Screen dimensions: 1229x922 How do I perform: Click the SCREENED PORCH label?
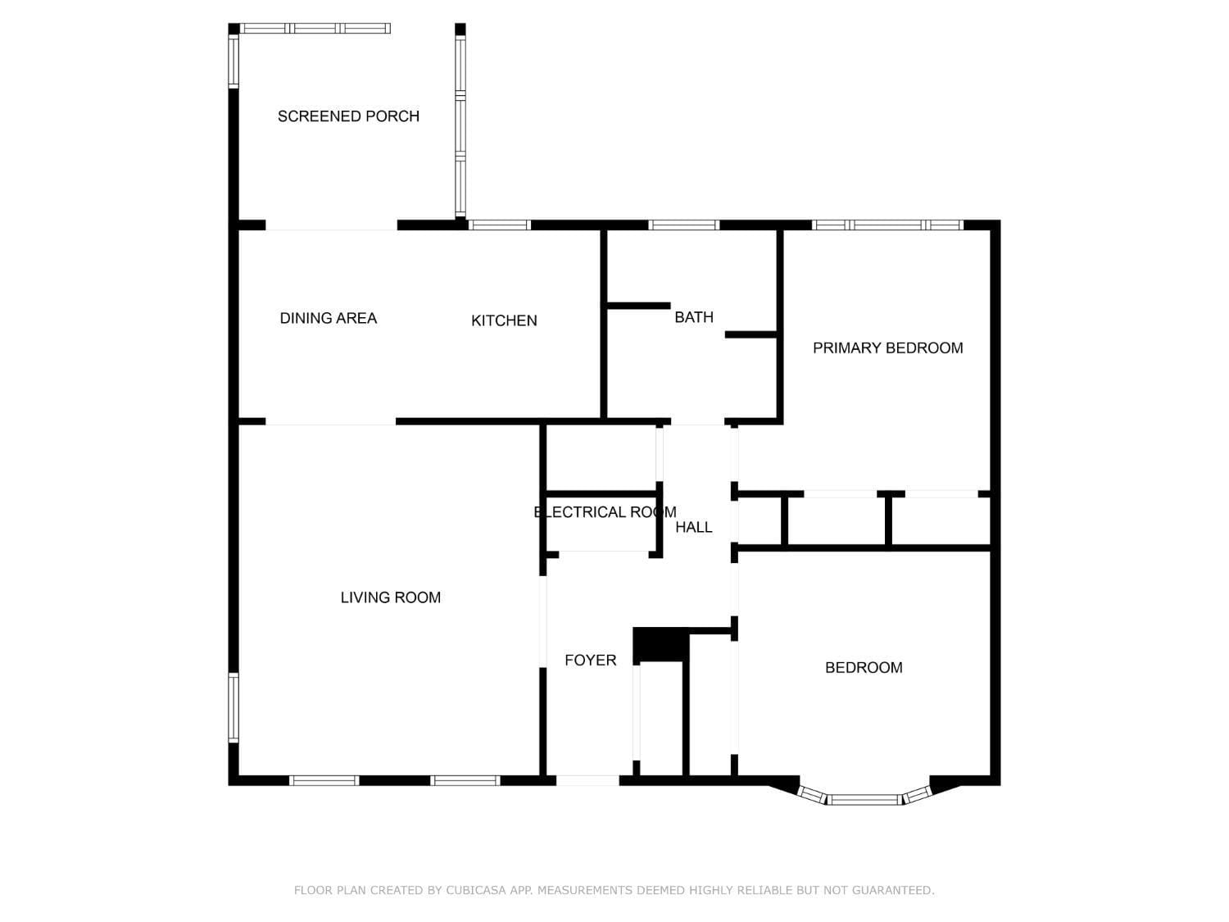pyautogui.click(x=348, y=116)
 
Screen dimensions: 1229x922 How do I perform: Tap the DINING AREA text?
pyautogui.click(x=328, y=319)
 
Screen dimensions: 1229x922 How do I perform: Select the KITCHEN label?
pyautogui.click(x=504, y=320)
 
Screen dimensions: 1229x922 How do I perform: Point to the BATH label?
pyautogui.click(x=694, y=317)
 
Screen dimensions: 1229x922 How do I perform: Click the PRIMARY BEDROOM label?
pyautogui.click(x=888, y=348)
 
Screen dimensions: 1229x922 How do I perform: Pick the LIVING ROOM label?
pyautogui.click(x=390, y=598)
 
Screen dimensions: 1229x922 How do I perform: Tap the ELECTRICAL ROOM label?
pyautogui.click(x=605, y=512)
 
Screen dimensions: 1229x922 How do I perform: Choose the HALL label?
pyautogui.click(x=694, y=527)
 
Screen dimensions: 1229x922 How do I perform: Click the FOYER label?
pyautogui.click(x=590, y=661)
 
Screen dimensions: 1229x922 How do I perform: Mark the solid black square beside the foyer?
pyautogui.click(x=660, y=644)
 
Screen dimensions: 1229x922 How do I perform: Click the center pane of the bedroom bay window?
pyautogui.click(x=864, y=800)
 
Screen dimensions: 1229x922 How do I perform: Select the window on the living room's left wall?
pyautogui.click(x=234, y=707)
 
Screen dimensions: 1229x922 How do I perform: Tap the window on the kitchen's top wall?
pyautogui.click(x=499, y=225)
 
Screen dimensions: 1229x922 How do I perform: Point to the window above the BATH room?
pyautogui.click(x=683, y=225)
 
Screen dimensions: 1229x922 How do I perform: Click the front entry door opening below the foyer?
pyautogui.click(x=587, y=780)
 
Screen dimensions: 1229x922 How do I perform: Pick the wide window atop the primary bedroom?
pyautogui.click(x=887, y=225)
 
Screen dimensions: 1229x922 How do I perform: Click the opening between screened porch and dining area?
pyautogui.click(x=332, y=225)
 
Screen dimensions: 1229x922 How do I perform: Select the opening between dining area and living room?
pyautogui.click(x=331, y=421)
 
